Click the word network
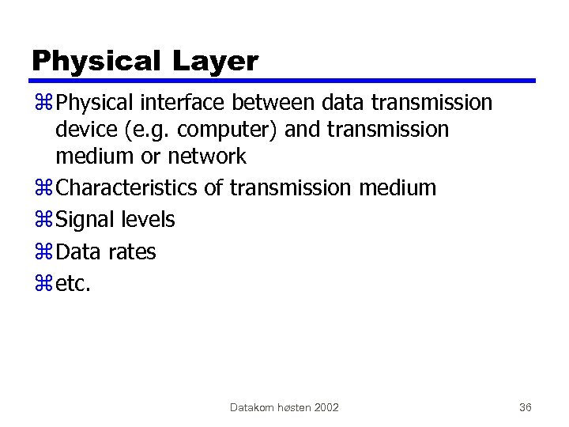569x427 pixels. (x=208, y=156)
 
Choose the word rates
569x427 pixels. (x=132, y=252)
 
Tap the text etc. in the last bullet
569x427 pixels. (x=73, y=284)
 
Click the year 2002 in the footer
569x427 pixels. (x=326, y=407)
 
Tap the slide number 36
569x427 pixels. (x=525, y=407)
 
